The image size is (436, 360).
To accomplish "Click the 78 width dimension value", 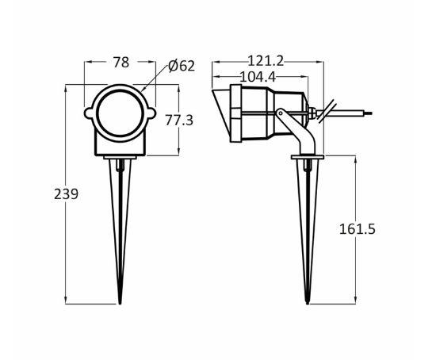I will pos(120,62).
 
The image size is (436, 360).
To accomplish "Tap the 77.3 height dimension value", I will pos(179,121).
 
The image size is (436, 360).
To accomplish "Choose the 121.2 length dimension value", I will pos(266,61).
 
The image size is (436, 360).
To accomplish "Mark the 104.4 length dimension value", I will pos(257,77).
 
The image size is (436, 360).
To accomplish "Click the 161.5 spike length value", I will pos(357,229).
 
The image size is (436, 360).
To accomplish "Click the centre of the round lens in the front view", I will pos(120,114).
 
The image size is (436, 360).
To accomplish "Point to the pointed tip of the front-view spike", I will pos(120,301).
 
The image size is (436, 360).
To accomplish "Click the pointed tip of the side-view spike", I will pos(307,301).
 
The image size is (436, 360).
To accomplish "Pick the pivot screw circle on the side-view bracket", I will pos(281,113).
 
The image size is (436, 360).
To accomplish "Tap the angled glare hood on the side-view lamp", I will pos(221,113).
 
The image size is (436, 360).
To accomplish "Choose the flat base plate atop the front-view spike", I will pos(120,157).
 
